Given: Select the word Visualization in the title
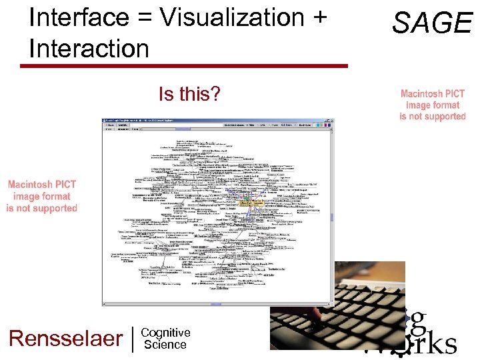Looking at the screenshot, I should tap(224, 17).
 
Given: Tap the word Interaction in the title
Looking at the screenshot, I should tap(89, 48).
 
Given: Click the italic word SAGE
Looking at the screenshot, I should tap(432, 23).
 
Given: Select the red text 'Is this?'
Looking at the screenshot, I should tap(189, 95).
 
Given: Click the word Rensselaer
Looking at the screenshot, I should tap(65, 339).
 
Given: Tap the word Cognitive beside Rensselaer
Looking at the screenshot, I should tap(166, 333).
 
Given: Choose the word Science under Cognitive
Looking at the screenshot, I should tap(165, 345).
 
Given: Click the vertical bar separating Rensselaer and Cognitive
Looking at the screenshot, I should tap(133, 339).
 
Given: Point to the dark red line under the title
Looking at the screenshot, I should tap(184, 66).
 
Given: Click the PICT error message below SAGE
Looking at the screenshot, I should tap(433, 105).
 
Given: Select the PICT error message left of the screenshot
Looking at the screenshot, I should tap(42, 196).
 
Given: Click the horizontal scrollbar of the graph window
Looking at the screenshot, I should tap(213, 303).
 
